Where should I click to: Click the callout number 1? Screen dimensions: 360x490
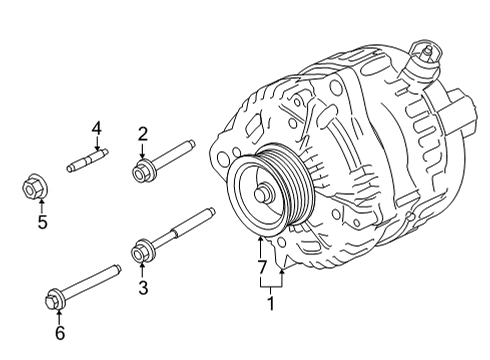269,299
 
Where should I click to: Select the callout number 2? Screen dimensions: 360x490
143,132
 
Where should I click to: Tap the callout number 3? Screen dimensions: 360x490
143,290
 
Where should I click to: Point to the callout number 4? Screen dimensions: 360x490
97,127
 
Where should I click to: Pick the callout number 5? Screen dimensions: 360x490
42,222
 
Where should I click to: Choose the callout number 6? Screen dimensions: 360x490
60,332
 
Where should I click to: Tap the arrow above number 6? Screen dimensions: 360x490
57,313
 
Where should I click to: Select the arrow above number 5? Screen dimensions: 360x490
41,204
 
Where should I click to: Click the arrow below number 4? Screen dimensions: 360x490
97,142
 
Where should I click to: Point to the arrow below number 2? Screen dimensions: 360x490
143,149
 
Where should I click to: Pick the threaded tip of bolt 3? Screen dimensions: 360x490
210,211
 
